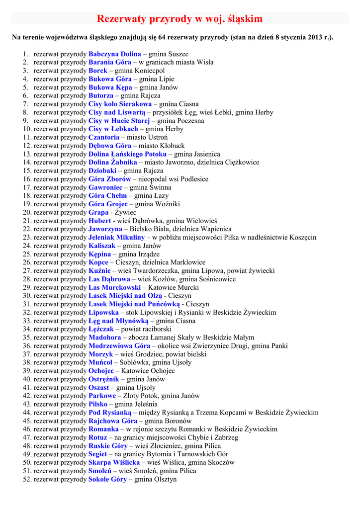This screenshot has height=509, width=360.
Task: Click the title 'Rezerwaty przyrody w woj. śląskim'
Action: point(180,19)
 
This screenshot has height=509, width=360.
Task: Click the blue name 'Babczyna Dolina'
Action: point(114,54)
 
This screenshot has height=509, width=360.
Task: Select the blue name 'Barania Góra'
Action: point(110,63)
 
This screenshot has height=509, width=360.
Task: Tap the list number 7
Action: point(25,104)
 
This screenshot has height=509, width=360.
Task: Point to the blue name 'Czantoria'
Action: point(104,138)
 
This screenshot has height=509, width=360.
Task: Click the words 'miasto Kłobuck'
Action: point(162,146)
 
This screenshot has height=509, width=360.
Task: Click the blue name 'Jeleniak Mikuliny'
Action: point(116,238)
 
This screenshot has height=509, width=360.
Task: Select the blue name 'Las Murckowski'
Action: point(114,288)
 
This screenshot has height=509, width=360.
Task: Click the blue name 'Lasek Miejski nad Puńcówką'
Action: point(134,304)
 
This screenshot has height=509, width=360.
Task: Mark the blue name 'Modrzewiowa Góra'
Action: point(119,346)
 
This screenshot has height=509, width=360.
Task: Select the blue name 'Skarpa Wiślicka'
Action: point(114,463)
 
